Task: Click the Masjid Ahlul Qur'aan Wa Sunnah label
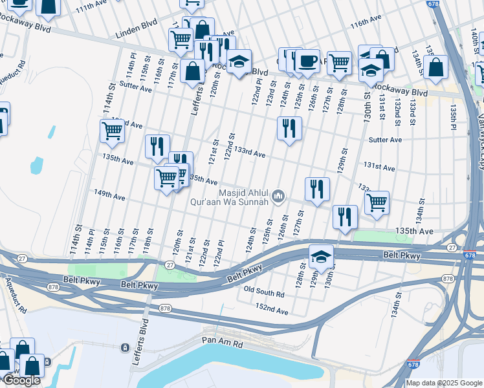pyautogui.click(x=243, y=197)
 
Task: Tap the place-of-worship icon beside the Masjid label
pyautogui.click(x=279, y=195)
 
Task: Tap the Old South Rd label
pyautogui.click(x=264, y=293)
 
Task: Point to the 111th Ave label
pyautogui.click(x=92, y=6)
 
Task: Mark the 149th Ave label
pyautogui.click(x=109, y=193)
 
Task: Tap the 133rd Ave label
pyautogui.click(x=250, y=153)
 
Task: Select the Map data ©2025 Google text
pyautogui.click(x=444, y=382)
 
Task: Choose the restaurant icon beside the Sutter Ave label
pyautogui.click(x=289, y=127)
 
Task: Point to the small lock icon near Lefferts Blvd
pyautogui.click(x=124, y=347)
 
